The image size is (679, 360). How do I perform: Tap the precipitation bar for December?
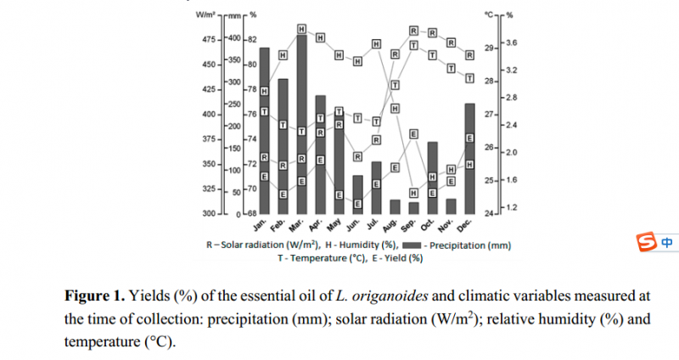(x=469, y=158)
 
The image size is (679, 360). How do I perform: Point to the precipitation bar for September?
(x=413, y=207)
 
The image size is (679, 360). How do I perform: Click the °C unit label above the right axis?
(x=490, y=14)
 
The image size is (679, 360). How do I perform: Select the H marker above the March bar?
(x=301, y=30)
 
